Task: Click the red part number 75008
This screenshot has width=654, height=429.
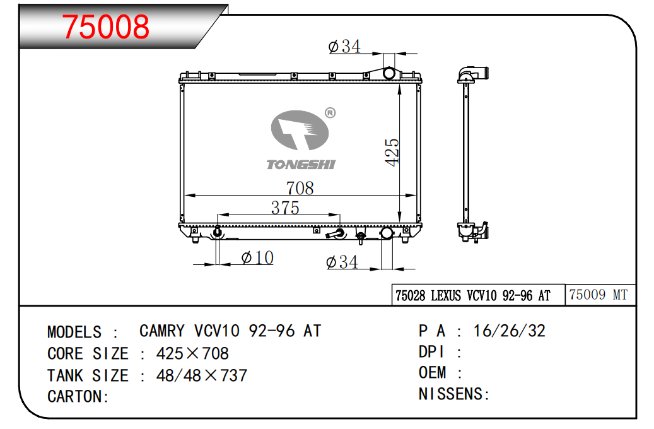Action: coord(105,26)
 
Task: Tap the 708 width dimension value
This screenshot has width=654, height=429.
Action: coord(300,188)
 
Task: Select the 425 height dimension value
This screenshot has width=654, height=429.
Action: coord(392,152)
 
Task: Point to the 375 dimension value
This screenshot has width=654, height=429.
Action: coord(285,208)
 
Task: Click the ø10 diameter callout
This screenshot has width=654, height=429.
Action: coord(257,257)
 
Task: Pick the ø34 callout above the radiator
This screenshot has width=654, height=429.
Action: coord(344,46)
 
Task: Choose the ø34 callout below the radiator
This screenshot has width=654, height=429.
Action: coord(342,262)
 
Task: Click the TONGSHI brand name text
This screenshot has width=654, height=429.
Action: coord(301,165)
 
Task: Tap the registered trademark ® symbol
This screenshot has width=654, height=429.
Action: coord(330,113)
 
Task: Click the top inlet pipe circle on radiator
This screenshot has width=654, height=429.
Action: coord(389,73)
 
